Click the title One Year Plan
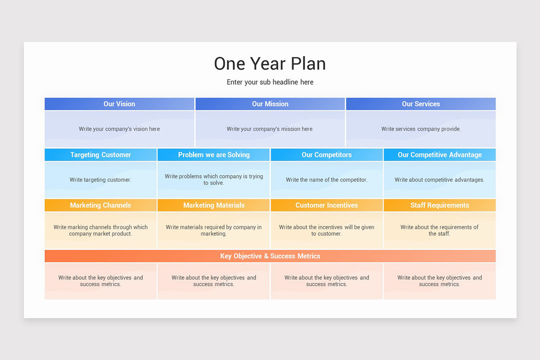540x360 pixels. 270,64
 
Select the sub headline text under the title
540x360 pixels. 270,82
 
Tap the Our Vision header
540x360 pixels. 119,104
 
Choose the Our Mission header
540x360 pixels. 270,104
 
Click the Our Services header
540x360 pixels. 421,104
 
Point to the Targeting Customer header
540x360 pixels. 100,155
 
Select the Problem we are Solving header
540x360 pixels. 214,155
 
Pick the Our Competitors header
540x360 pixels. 327,155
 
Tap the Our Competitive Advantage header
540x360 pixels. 440,155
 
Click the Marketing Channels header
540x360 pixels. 100,205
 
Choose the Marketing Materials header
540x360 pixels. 214,205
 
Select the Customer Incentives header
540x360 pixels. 327,205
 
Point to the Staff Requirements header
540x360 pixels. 440,205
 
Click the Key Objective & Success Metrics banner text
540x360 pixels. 270,256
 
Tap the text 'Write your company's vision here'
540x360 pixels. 119,129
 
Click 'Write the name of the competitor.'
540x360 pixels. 327,180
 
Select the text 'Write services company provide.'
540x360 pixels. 421,129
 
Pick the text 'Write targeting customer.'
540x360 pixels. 100,180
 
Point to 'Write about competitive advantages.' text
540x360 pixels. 440,180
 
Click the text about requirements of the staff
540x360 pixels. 440,230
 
